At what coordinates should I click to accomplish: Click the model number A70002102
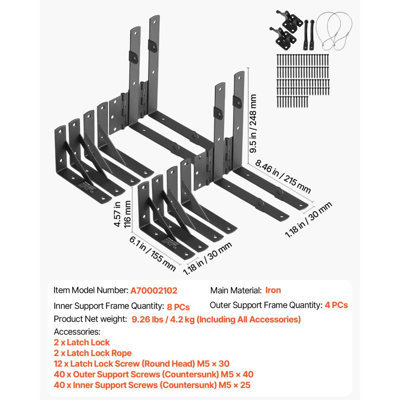tap(154, 291)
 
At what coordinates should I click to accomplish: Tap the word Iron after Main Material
tap(273, 290)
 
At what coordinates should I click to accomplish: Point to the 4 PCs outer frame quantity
tap(336, 305)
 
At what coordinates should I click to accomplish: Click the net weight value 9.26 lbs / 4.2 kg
tap(214, 319)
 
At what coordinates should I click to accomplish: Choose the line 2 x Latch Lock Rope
tap(93, 353)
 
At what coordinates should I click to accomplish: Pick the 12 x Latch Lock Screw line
tap(142, 364)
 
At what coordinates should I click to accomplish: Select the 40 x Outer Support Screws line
tap(154, 375)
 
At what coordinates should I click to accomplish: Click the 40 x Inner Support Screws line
tap(152, 386)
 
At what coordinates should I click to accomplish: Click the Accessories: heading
tap(77, 332)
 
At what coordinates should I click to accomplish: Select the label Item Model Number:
tap(91, 291)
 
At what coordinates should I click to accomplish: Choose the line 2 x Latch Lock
tap(82, 342)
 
